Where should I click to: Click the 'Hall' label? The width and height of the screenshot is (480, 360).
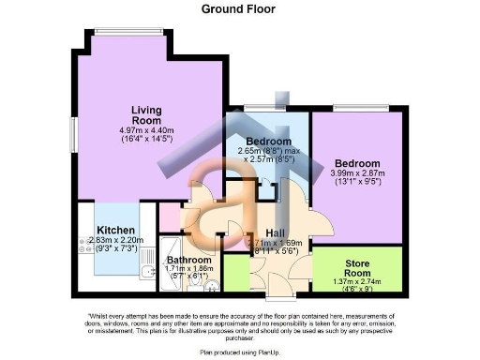(x=276, y=233)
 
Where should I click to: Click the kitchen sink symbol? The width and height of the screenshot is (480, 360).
(x=148, y=273)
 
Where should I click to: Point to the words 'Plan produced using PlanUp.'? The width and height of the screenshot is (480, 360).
(x=240, y=352)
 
